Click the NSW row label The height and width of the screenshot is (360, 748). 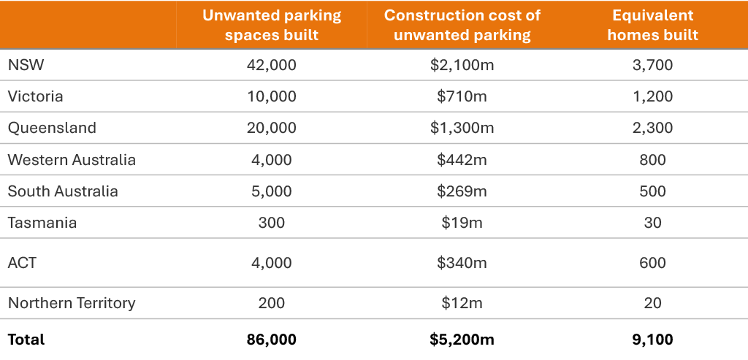point(26,65)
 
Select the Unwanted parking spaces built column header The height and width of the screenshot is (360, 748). point(272,25)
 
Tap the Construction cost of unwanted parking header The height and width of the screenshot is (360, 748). point(462,25)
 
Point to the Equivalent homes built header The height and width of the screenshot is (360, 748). point(652,25)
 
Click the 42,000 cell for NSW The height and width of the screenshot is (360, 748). point(272,65)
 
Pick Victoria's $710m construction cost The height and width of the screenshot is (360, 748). point(462,96)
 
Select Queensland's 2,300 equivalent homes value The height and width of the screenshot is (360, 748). point(652,128)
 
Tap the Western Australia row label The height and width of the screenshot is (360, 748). point(72,160)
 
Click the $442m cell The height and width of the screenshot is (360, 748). point(462,160)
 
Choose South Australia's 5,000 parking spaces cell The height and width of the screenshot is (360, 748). point(272,191)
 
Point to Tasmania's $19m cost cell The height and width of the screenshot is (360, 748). point(462,223)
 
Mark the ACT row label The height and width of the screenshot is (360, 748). point(22,263)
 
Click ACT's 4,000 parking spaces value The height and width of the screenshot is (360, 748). point(272,263)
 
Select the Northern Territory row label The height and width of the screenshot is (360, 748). point(72,303)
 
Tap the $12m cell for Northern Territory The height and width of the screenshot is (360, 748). point(462,303)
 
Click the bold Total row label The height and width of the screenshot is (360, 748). point(26,340)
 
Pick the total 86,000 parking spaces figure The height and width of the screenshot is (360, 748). point(272,340)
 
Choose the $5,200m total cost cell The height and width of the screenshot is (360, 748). point(462,340)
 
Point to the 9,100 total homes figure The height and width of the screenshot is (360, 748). point(652,340)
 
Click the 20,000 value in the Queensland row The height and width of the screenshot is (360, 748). point(272,128)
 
